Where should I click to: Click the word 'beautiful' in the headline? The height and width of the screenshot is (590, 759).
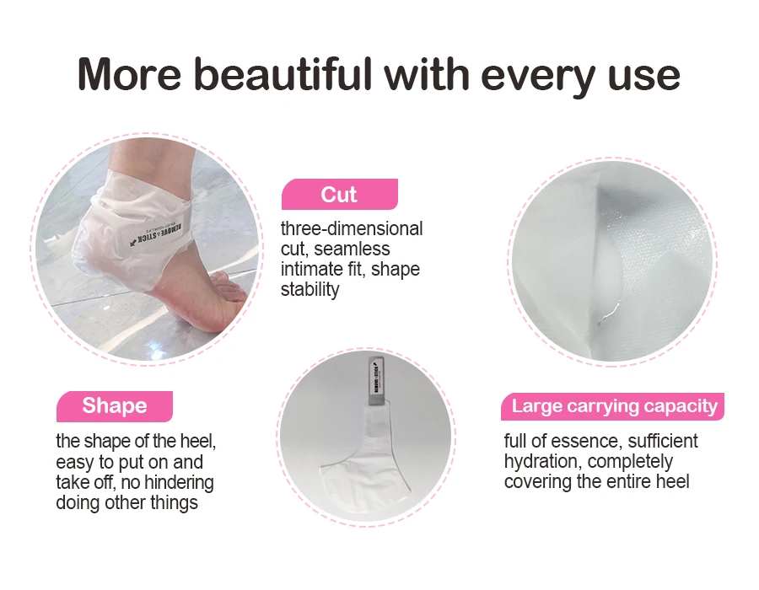[x=286, y=75]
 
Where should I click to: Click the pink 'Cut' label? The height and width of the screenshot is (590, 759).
[x=339, y=195]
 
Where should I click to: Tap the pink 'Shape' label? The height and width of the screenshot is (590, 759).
[x=114, y=406]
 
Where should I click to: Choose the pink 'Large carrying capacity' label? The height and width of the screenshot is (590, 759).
[x=614, y=406]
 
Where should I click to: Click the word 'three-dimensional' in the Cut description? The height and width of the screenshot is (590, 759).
[x=352, y=229]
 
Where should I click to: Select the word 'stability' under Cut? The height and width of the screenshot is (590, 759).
[x=310, y=290]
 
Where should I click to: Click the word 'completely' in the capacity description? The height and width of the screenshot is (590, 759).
[x=632, y=462]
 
